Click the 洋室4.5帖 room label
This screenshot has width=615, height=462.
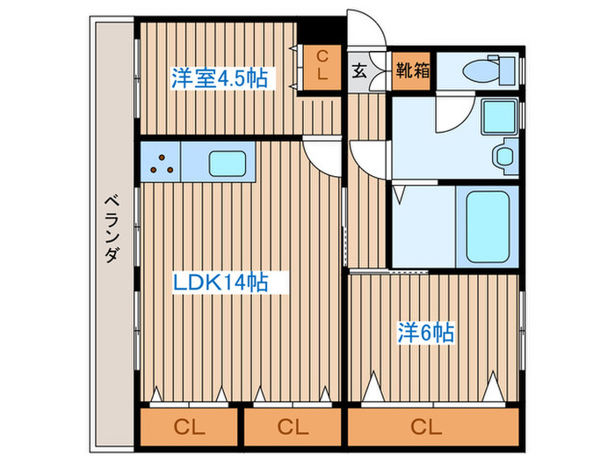click(x=220, y=78)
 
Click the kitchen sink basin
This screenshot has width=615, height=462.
click(x=227, y=164)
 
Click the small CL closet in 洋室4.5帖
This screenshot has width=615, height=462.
click(x=322, y=67)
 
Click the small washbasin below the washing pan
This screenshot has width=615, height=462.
click(x=505, y=157)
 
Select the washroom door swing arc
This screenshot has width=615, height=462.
click(x=452, y=114)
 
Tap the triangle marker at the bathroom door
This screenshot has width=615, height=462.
click(x=400, y=192)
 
